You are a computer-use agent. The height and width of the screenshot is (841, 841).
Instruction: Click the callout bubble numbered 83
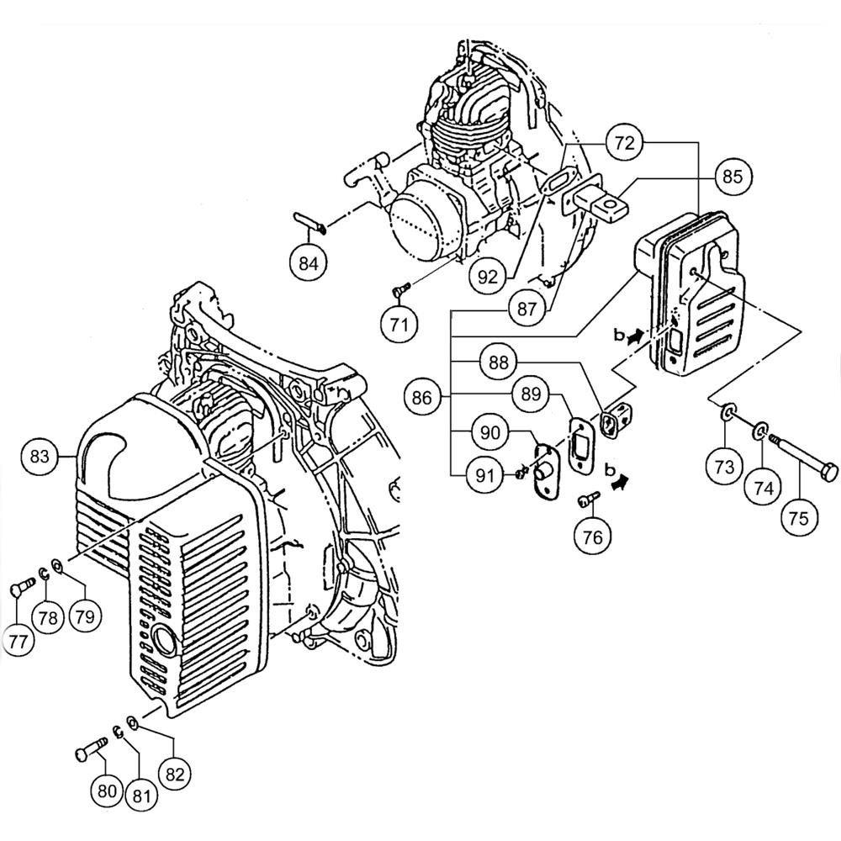(x=40, y=456)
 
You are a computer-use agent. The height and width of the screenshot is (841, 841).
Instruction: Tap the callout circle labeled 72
(x=625, y=143)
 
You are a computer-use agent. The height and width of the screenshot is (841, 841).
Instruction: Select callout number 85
(x=733, y=176)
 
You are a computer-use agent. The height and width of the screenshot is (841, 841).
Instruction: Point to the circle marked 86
(x=422, y=398)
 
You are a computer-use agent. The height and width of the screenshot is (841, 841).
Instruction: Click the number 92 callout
(x=488, y=277)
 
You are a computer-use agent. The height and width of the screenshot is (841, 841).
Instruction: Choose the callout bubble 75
(x=799, y=517)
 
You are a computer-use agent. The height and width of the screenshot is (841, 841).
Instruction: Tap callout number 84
(x=309, y=263)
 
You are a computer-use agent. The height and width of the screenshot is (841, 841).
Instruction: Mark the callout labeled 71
(x=399, y=325)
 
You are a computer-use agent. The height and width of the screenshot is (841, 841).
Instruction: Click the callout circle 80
(x=107, y=791)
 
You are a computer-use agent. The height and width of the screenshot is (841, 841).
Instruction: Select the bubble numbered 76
(x=593, y=537)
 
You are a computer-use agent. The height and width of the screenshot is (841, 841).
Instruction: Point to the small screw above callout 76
(x=588, y=500)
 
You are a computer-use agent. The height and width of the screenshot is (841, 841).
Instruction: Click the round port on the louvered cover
(x=164, y=639)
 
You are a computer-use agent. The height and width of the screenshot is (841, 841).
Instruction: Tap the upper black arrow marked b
(x=636, y=337)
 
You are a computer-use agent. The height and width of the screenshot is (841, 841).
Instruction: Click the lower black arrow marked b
(x=621, y=482)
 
